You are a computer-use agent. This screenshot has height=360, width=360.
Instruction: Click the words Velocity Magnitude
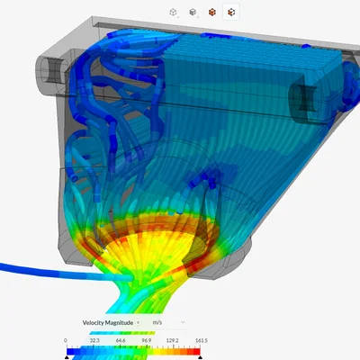[x=108, y=323]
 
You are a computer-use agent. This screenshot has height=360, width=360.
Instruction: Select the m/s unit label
[x=157, y=323]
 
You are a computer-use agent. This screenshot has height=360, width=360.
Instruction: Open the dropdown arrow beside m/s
[x=183, y=322]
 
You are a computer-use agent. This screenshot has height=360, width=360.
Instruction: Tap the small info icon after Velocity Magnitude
[x=138, y=323]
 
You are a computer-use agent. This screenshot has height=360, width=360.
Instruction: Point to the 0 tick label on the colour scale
[x=66, y=340]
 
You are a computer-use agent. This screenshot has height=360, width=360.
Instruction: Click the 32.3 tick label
[x=94, y=340]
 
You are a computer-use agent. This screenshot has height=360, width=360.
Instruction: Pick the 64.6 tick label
[x=121, y=340]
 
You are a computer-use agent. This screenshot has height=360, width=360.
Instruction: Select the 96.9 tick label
[x=147, y=340]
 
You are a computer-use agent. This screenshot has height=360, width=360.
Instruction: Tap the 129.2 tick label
[x=173, y=340]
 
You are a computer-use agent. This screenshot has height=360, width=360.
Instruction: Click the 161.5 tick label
[x=202, y=340]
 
